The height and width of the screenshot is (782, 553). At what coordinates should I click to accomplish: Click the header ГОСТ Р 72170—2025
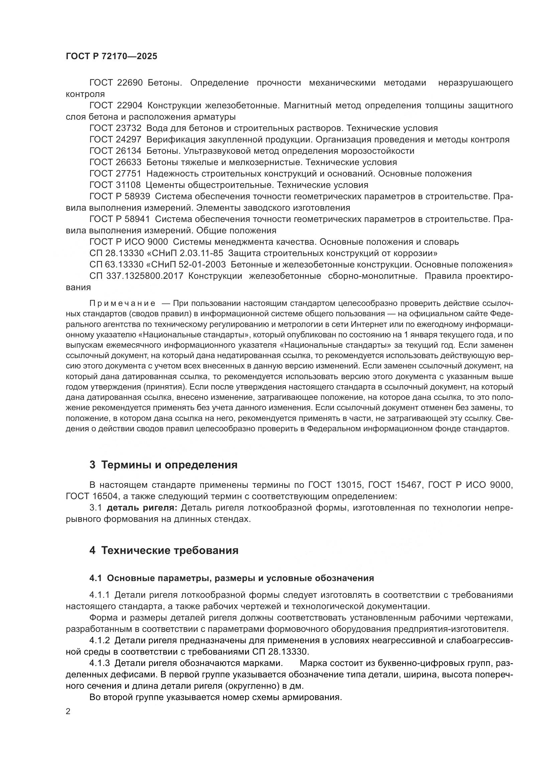coord(111,56)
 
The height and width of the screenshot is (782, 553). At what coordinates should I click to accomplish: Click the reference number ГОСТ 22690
coord(116,83)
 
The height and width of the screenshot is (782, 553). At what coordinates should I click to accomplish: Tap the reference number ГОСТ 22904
coord(116,106)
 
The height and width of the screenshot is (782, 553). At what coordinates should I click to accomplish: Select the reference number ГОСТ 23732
coord(116,128)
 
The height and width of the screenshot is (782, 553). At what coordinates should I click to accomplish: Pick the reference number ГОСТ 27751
coord(116,174)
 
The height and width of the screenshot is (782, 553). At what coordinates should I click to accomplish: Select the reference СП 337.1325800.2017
coord(136,276)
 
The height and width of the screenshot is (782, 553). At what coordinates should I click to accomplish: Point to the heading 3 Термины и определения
coord(163,465)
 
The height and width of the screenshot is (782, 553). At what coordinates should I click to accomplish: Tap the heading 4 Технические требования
coord(164,550)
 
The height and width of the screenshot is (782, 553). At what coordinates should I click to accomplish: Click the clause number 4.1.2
coord(99,640)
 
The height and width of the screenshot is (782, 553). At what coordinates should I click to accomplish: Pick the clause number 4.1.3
coord(99,663)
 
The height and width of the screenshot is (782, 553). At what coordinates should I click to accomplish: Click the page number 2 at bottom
coord(68,711)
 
